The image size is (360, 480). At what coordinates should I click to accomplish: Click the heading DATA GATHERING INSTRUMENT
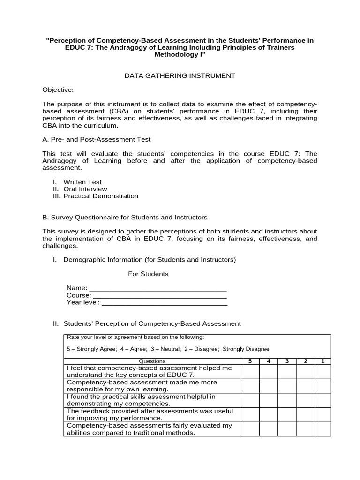(x=180, y=75)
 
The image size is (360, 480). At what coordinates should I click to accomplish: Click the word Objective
(x=58, y=90)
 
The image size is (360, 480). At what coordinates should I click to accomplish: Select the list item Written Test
(x=82, y=182)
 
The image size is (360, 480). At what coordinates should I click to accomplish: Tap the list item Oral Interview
(x=85, y=189)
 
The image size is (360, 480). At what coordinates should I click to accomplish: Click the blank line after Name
(x=158, y=288)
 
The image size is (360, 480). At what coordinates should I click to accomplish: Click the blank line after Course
(x=160, y=296)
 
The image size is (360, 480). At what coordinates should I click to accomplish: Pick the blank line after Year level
(x=165, y=303)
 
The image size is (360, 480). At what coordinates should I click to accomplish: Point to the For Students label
(x=148, y=274)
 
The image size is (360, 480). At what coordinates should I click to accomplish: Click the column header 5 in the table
(x=250, y=361)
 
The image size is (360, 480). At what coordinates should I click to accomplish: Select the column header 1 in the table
(x=322, y=361)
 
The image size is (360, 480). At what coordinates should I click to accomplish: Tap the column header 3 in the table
(x=286, y=361)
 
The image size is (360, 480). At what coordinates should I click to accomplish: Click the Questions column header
(x=152, y=361)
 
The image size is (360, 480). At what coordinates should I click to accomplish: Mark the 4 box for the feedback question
(x=268, y=414)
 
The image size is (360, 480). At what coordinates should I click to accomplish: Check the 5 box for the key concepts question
(x=250, y=372)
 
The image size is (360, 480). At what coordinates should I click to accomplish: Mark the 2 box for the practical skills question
(x=305, y=400)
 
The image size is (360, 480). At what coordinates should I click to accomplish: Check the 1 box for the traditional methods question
(x=322, y=429)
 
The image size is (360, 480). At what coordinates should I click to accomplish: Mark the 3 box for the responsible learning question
(x=286, y=386)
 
